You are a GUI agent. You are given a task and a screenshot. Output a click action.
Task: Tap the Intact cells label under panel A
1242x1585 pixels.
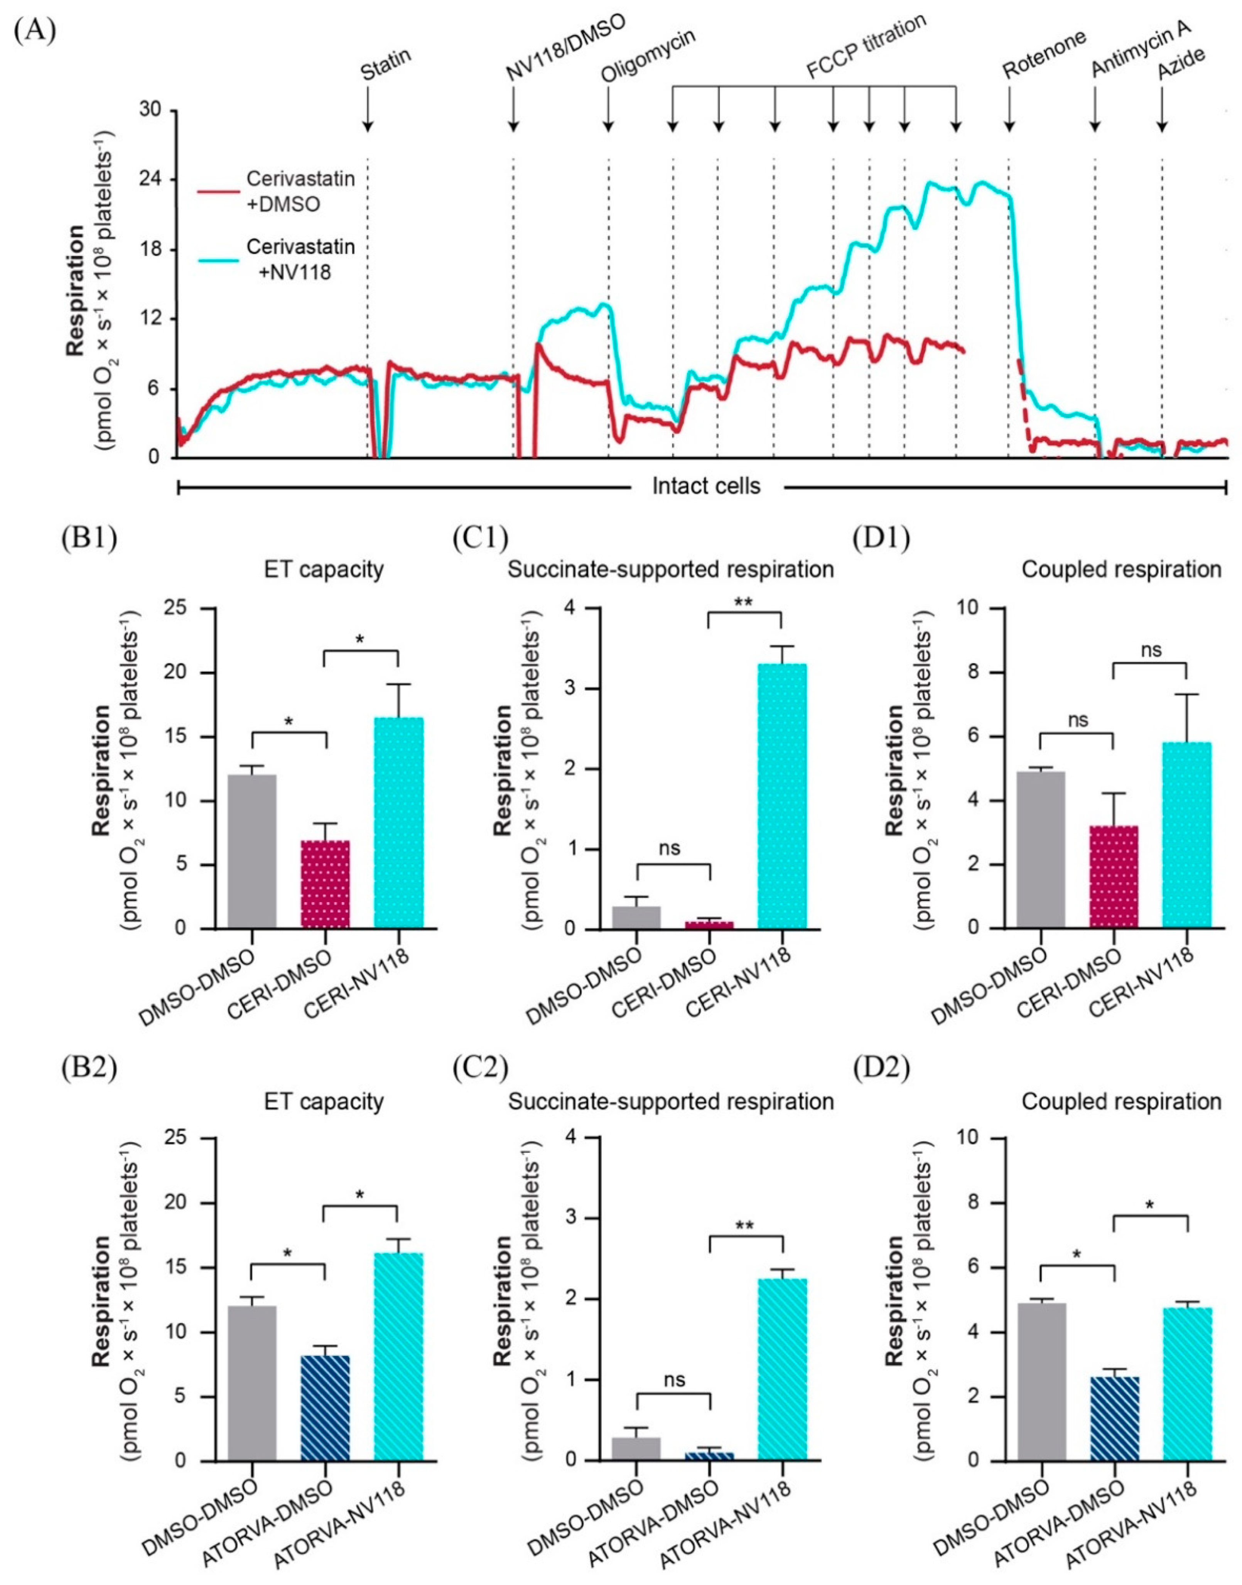pyautogui.click(x=705, y=486)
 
